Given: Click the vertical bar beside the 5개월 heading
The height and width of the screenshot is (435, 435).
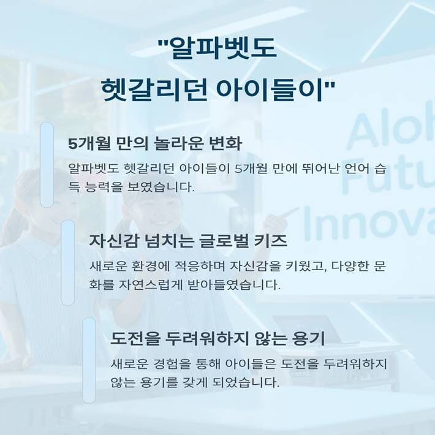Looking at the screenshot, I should coord(47,164).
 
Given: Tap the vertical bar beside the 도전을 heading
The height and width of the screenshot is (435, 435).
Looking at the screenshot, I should coord(89,360).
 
